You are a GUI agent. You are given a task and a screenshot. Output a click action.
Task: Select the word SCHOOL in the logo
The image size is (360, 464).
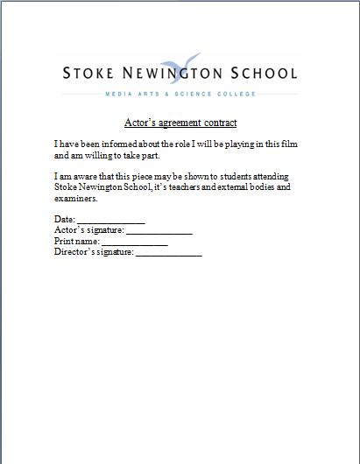(262, 74)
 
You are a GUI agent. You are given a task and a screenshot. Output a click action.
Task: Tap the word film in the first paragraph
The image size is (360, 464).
(295, 143)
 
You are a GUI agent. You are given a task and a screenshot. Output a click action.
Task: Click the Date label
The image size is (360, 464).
(65, 220)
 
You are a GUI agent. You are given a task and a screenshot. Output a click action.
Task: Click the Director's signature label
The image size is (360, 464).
(94, 252)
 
